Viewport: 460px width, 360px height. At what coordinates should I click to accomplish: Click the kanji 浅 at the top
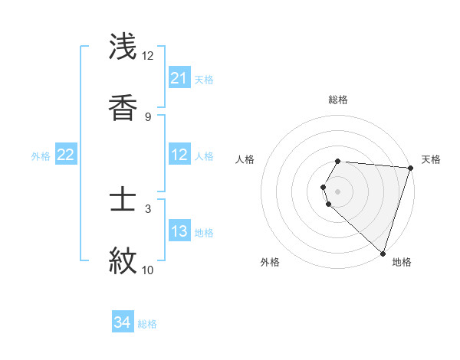point(123,47)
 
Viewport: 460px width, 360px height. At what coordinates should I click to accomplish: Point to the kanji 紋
point(123,261)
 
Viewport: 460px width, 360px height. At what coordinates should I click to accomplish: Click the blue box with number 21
point(179,78)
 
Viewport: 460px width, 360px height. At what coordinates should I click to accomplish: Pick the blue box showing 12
point(179,155)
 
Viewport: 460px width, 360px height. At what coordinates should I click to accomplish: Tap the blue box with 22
point(66,155)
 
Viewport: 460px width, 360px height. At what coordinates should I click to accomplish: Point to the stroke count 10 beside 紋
point(147,270)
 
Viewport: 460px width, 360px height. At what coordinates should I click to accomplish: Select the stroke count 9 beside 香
point(148,116)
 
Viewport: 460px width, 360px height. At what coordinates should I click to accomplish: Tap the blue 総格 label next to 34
point(147,324)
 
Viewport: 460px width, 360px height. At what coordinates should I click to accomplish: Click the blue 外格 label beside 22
point(41,156)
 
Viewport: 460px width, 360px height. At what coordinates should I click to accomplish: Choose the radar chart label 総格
point(338,100)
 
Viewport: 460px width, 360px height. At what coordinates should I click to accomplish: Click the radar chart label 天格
point(431,159)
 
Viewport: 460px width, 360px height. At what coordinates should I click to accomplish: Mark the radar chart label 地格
point(402,262)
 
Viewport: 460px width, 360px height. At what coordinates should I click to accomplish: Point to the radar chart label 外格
point(270,262)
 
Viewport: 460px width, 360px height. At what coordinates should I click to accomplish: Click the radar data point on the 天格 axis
point(410,168)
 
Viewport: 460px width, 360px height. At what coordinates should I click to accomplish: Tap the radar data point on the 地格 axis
point(383,253)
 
